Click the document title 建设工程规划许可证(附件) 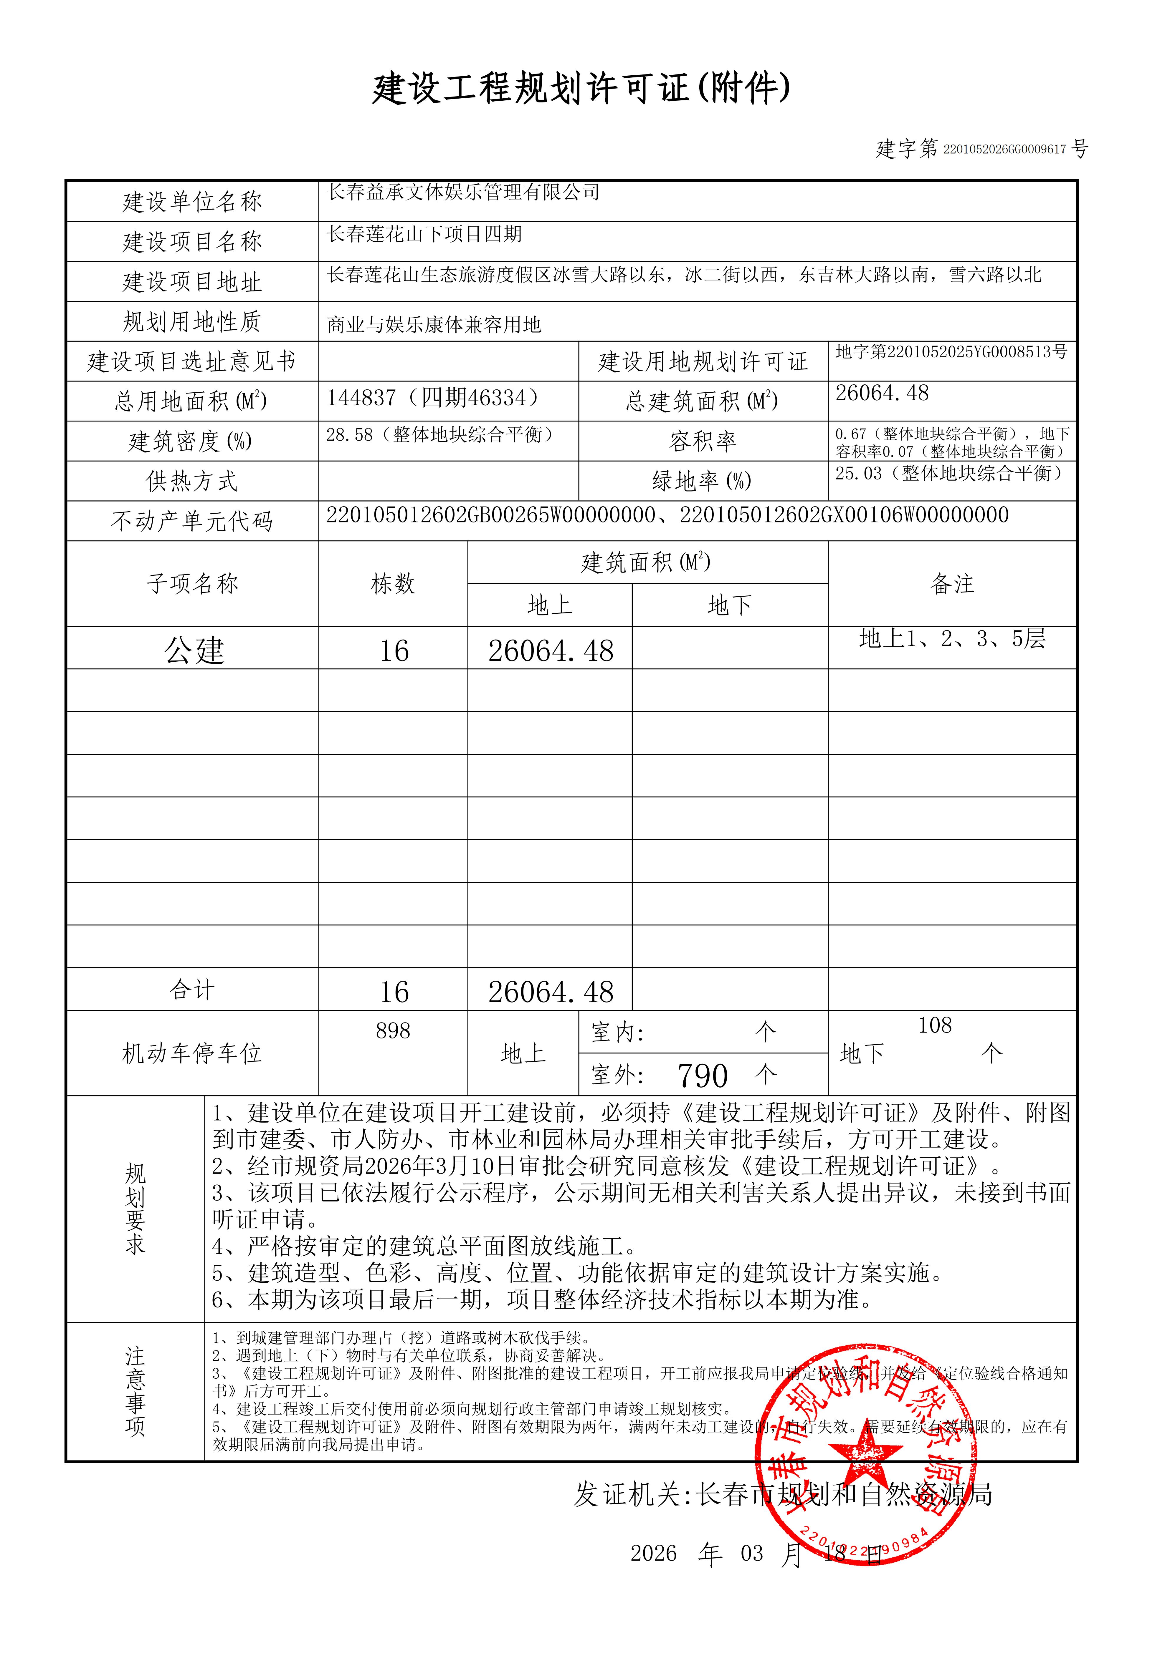pyautogui.click(x=581, y=89)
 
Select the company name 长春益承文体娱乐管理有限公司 pyautogui.click(x=463, y=192)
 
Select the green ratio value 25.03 pyautogui.click(x=858, y=474)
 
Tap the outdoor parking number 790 pyautogui.click(x=703, y=1076)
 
